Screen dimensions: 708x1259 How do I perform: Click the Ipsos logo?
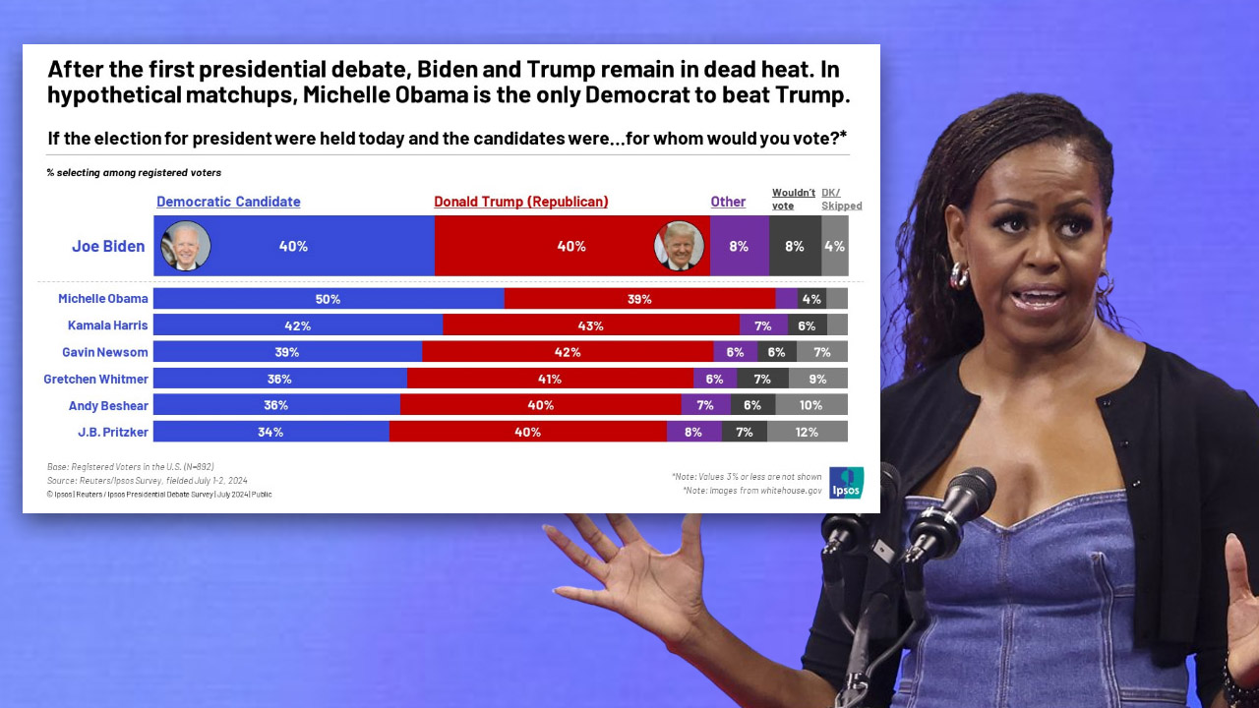click(x=846, y=483)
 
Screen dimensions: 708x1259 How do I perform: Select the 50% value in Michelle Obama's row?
click(x=329, y=299)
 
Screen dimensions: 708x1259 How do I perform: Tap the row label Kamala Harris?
click(x=108, y=325)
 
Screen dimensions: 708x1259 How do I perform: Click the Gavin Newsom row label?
click(x=105, y=352)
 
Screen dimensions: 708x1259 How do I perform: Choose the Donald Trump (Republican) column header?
click(x=521, y=202)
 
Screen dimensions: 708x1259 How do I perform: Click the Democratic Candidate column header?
click(x=228, y=202)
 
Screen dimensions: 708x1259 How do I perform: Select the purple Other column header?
click(x=728, y=202)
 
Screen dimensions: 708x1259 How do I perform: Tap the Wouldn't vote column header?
click(x=794, y=199)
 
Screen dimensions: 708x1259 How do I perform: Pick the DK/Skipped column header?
click(x=842, y=199)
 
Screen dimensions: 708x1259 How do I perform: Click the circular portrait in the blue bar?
click(x=186, y=246)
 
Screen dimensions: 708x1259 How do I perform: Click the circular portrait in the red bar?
click(x=679, y=246)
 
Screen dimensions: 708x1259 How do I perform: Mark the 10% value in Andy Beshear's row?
click(x=811, y=405)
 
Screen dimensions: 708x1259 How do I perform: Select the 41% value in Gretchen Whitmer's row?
click(x=549, y=379)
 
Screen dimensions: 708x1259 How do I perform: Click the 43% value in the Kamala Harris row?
click(x=591, y=325)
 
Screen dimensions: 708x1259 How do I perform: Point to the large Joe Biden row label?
click(x=108, y=246)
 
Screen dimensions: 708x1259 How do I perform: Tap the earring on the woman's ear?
click(x=959, y=274)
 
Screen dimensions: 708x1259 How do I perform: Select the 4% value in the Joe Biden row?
click(x=834, y=246)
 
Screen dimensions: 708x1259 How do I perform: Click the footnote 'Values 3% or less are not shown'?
click(x=747, y=477)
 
